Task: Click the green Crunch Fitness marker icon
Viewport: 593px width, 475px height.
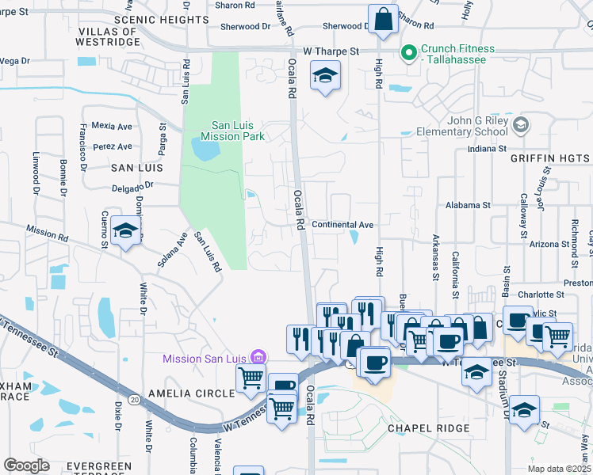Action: pos(409,54)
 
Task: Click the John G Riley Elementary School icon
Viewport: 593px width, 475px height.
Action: pos(520,125)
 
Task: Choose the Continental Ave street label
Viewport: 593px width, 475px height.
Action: pos(342,225)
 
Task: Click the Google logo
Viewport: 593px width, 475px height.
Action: pos(26,465)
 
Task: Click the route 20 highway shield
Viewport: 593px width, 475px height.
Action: pos(135,400)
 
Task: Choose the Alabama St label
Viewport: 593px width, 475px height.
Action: pos(468,204)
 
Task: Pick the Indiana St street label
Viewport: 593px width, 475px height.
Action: pos(487,148)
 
